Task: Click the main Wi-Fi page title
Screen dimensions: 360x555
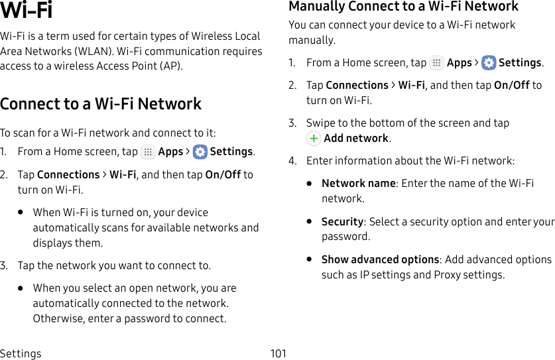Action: pyautogui.click(x=27, y=11)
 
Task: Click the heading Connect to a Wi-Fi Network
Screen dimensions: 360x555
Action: pyautogui.click(x=101, y=104)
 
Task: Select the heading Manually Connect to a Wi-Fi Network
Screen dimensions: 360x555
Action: pyautogui.click(x=403, y=7)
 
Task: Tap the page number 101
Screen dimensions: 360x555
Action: pyautogui.click(x=278, y=353)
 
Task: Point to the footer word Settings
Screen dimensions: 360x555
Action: pyautogui.click(x=21, y=353)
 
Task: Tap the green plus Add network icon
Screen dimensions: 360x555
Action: pyautogui.click(x=314, y=139)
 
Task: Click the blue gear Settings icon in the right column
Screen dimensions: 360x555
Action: pyautogui.click(x=489, y=63)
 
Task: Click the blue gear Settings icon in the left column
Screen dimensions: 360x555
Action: pyautogui.click(x=200, y=152)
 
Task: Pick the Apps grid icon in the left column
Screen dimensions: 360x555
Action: pyautogui.click(x=148, y=152)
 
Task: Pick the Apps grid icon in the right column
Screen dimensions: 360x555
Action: pyautogui.click(x=436, y=63)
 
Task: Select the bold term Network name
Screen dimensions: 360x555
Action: pyautogui.click(x=358, y=183)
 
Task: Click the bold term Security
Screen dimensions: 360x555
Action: pyautogui.click(x=342, y=221)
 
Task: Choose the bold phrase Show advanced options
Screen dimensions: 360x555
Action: pyautogui.click(x=380, y=259)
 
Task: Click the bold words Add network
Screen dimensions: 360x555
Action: pyautogui.click(x=356, y=139)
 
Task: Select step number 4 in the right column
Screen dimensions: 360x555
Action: pyautogui.click(x=292, y=160)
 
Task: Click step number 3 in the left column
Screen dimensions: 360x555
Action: pyautogui.click(x=4, y=265)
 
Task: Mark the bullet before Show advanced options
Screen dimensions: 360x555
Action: pyautogui.click(x=309, y=259)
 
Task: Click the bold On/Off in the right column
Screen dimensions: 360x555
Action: pyautogui.click(x=511, y=85)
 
